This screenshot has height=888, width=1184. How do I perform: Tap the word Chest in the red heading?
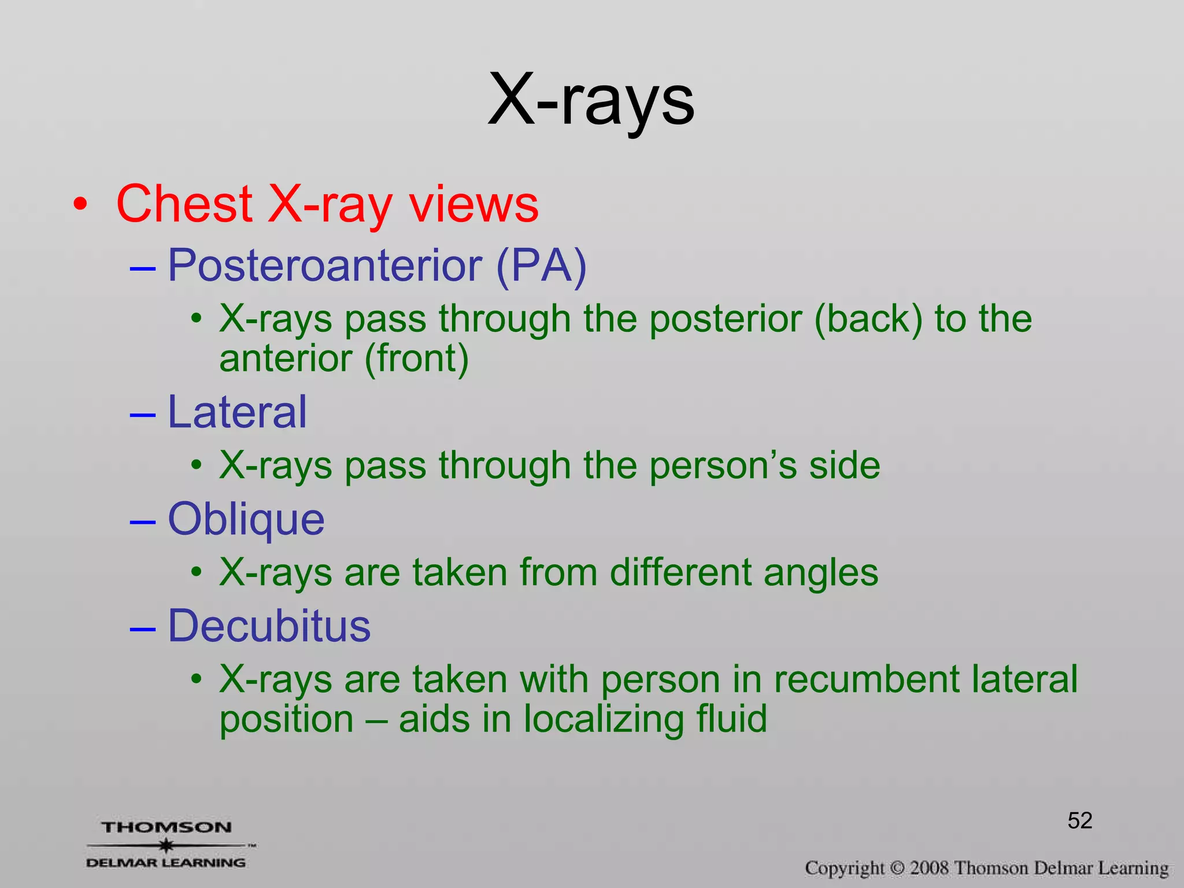click(x=184, y=203)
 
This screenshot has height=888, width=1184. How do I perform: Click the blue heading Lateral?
click(x=237, y=412)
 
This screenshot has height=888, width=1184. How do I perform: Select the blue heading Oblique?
click(x=246, y=519)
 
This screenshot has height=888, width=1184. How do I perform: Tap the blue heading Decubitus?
click(x=269, y=626)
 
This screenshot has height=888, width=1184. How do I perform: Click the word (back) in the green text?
click(x=868, y=319)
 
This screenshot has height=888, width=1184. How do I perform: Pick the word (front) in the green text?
click(x=416, y=358)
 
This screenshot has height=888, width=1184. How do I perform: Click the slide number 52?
click(x=1079, y=820)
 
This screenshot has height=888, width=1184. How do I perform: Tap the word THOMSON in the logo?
click(x=166, y=827)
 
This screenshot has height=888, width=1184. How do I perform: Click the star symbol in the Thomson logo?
click(x=166, y=845)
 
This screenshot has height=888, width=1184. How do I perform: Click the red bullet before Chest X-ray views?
click(x=80, y=205)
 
